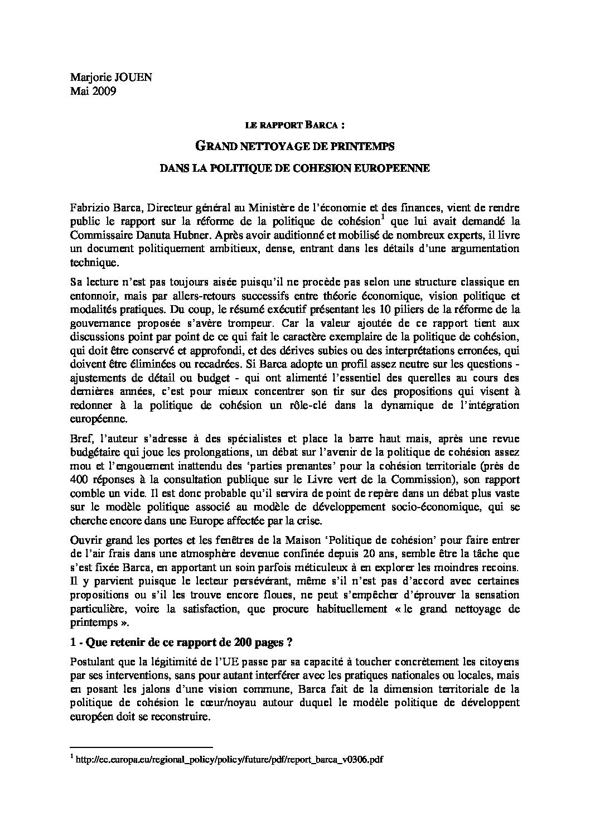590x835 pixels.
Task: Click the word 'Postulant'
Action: click(91, 662)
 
